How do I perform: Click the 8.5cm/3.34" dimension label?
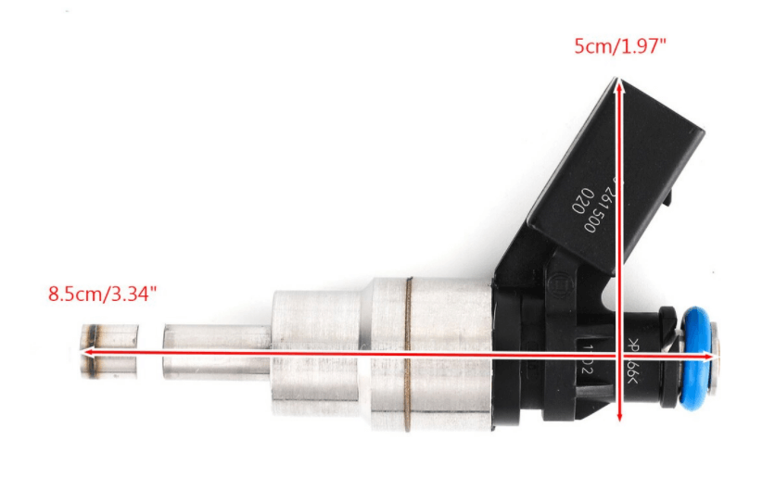pos(102,295)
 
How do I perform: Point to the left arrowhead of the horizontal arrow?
pos(84,353)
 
